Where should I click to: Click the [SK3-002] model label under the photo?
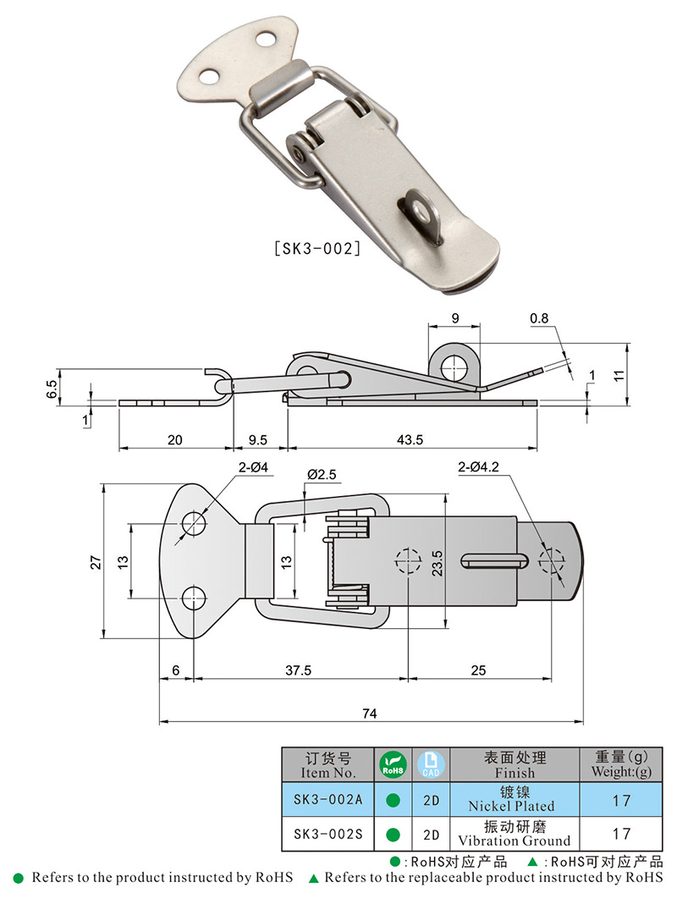[317, 250]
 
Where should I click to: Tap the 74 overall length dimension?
[369, 714]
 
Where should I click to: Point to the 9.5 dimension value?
[258, 439]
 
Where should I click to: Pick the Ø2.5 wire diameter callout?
[322, 476]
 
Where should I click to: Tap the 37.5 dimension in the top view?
[299, 670]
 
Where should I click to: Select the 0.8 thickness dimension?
[539, 319]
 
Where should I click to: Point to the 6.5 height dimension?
[52, 389]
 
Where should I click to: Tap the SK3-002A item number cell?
[327, 799]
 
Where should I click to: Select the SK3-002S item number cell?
[327, 834]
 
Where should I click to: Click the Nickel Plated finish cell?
[515, 799]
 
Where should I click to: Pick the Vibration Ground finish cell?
[515, 834]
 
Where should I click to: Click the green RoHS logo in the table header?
[393, 764]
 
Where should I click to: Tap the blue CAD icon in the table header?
[430, 764]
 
